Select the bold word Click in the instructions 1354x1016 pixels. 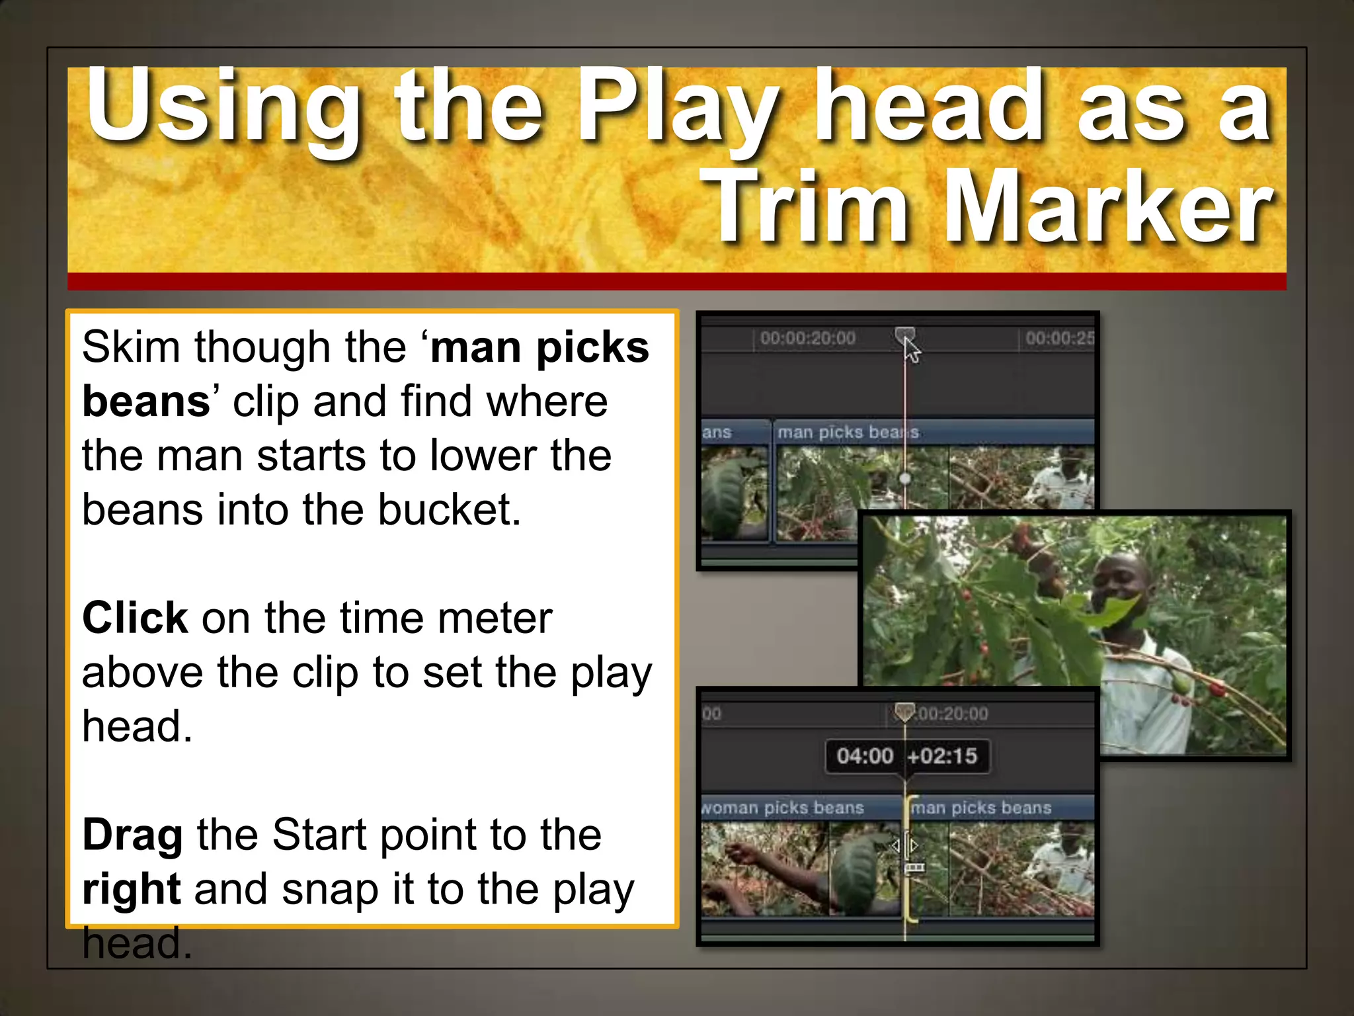(x=135, y=618)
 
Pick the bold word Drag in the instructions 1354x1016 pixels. (x=132, y=835)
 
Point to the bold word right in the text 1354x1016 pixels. (x=131, y=889)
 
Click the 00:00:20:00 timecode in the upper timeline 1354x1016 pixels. (x=807, y=339)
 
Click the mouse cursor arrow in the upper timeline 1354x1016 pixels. (x=912, y=351)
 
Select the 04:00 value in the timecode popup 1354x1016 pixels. (x=865, y=755)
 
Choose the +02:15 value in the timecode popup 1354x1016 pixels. (x=942, y=755)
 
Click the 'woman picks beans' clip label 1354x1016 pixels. (x=783, y=808)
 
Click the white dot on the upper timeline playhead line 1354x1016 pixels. (x=905, y=478)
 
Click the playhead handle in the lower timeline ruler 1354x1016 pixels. (x=904, y=712)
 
